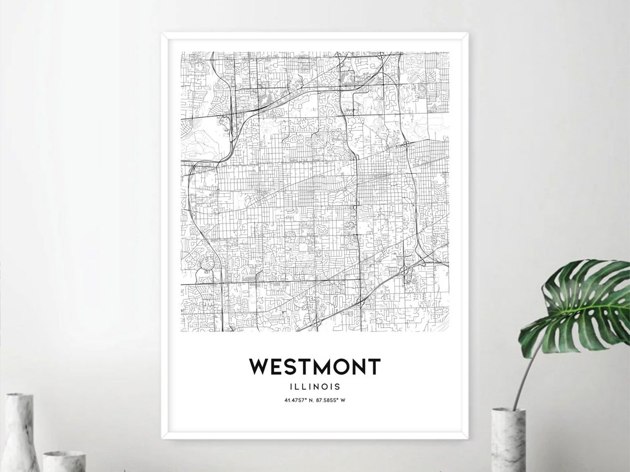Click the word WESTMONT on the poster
click(315, 367)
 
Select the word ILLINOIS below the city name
click(315, 386)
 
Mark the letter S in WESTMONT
click(285, 367)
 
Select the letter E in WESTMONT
click(273, 367)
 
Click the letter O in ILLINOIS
click(327, 386)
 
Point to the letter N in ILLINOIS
click(318, 386)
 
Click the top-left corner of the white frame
click(163, 34)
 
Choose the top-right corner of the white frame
click(467, 34)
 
